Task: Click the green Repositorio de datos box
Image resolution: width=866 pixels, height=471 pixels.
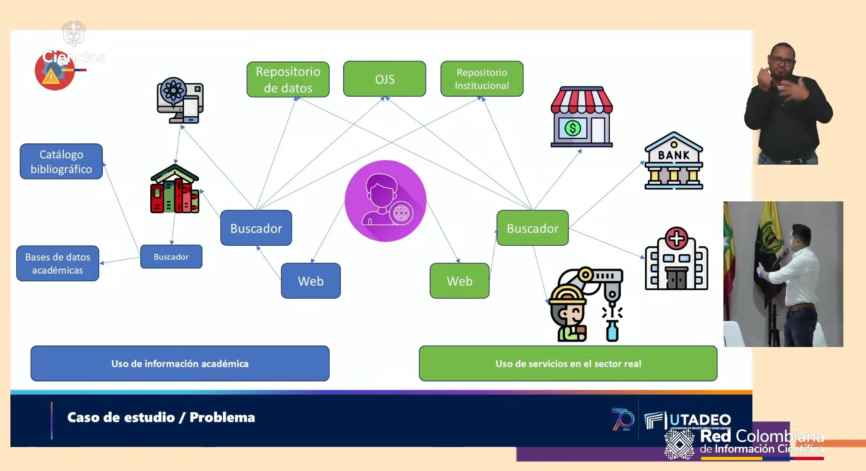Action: pos(288,80)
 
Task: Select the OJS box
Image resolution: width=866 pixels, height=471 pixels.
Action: pos(384,79)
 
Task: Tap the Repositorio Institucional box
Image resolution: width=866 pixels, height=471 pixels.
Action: pos(482,79)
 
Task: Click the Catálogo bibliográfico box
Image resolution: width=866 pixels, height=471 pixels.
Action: pos(61,162)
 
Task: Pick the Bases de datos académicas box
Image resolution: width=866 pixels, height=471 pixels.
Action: pos(57,263)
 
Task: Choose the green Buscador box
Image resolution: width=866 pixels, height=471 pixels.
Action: pos(532,228)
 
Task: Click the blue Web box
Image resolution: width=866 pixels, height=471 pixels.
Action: pos(311,281)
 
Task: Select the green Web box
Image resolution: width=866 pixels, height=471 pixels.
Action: pos(459,281)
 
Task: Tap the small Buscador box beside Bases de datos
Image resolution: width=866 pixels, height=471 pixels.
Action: pos(171,257)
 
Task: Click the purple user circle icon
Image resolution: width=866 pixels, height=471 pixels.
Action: pos(385,200)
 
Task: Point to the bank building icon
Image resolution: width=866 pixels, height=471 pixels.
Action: pos(674,161)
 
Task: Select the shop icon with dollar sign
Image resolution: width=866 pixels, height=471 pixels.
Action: pos(582,117)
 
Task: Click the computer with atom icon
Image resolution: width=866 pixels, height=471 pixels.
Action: pos(180,100)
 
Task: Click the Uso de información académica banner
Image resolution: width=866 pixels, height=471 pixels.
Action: pos(180,364)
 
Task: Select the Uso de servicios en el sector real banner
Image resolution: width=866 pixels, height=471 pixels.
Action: pos(568,364)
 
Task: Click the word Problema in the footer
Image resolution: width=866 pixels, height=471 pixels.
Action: pos(222,417)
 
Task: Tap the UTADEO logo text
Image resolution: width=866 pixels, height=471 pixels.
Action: pos(700,420)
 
